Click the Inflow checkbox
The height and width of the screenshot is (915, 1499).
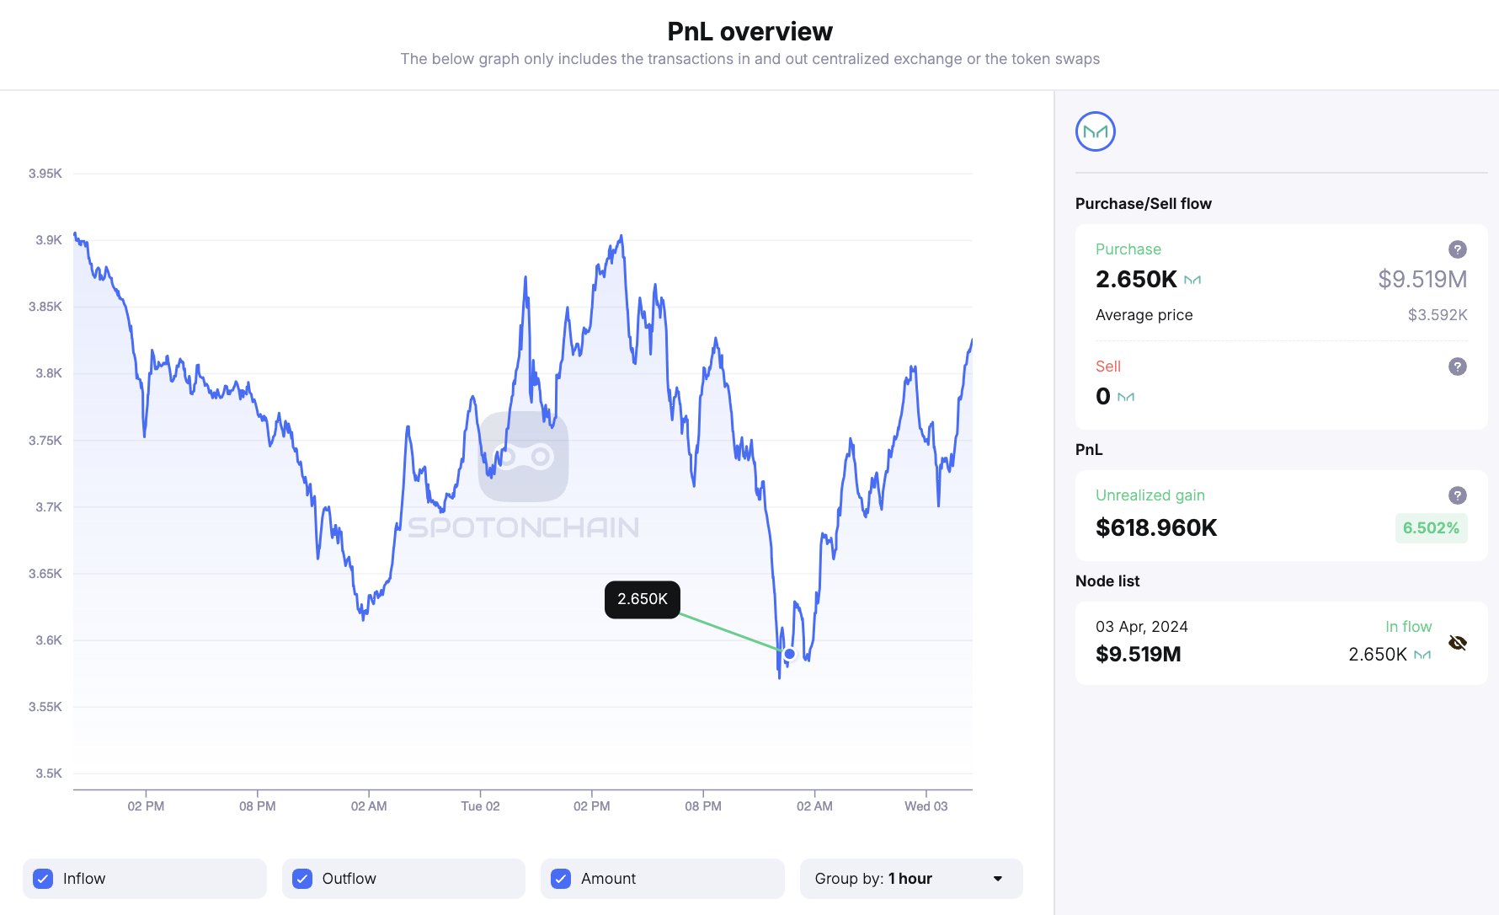click(43, 879)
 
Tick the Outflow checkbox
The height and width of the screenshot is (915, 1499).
click(302, 879)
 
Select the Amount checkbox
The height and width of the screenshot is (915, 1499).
click(561, 879)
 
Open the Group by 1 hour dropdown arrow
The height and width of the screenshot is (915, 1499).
click(998, 879)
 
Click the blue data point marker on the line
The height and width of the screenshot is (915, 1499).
click(790, 654)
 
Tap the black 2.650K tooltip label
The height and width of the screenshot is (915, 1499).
click(643, 599)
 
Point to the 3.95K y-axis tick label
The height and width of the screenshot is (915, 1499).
click(45, 174)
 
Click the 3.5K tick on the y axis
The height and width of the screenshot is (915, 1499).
click(49, 773)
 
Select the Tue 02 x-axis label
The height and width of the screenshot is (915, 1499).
click(480, 806)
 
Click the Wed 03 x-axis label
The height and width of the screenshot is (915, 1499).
click(926, 806)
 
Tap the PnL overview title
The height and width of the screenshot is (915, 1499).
click(749, 31)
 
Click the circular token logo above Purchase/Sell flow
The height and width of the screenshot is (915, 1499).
click(1096, 131)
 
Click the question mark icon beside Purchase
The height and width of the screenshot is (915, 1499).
click(1458, 249)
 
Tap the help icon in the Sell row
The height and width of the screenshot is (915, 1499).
click(1458, 367)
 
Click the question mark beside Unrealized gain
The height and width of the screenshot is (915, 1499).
click(1458, 495)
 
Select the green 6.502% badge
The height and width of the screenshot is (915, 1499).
click(1431, 528)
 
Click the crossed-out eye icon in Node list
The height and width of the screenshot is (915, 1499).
click(1458, 644)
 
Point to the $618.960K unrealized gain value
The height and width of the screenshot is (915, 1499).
click(1156, 528)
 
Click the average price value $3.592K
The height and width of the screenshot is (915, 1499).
click(1438, 315)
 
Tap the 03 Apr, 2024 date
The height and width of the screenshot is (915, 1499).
click(1142, 627)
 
